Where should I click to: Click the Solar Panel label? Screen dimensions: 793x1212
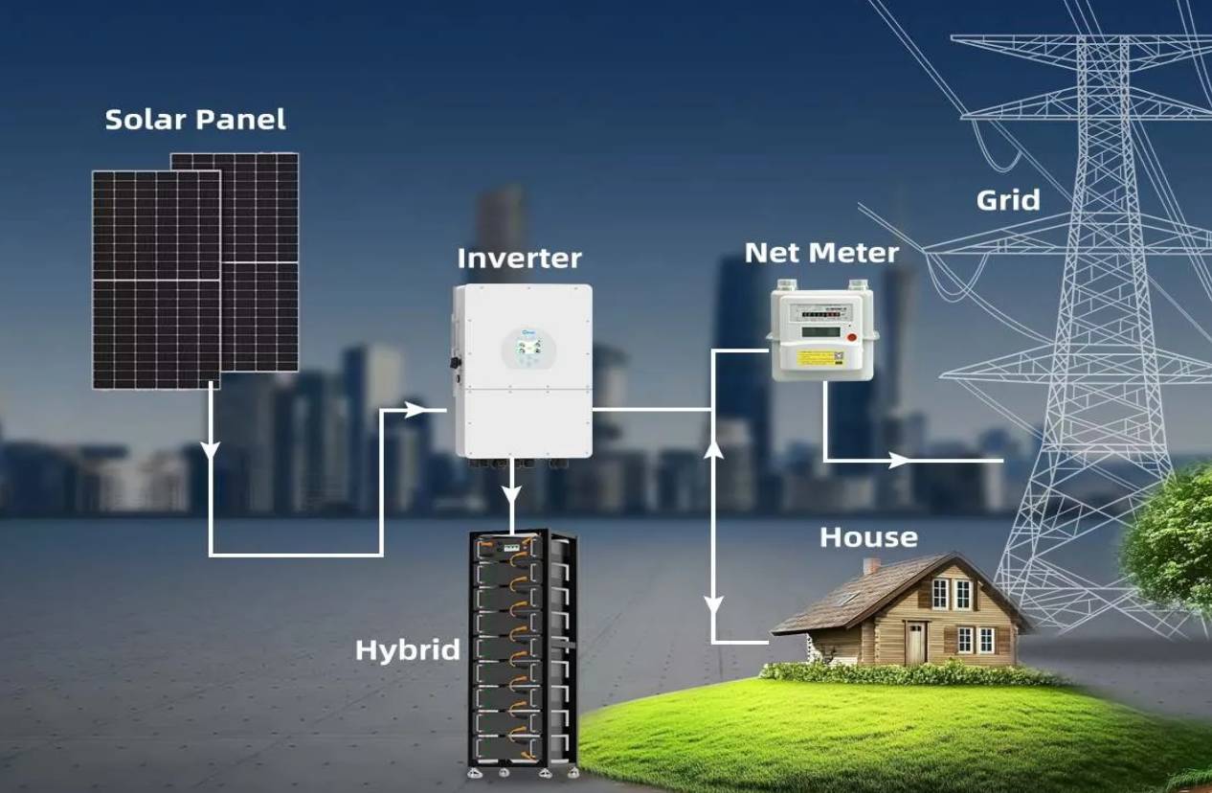coord(194,120)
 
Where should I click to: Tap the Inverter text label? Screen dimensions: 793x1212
coord(519,259)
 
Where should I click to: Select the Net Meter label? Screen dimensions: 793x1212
coord(821,252)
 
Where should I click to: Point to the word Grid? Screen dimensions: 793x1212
coord(1007,200)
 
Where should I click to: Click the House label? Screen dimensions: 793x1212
coord(868,537)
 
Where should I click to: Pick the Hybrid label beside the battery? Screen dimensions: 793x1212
coord(408,650)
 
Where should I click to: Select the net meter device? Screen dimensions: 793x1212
coord(822,331)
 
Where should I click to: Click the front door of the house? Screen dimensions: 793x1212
coord(916,642)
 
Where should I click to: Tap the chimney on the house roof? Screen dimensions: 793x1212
coord(871,565)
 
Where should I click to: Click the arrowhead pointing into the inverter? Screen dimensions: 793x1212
coord(415,410)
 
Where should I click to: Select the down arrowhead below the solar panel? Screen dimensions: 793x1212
coord(211,449)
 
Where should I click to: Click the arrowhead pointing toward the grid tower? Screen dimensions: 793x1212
coord(899,461)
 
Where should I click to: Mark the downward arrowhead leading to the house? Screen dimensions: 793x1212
coord(713,604)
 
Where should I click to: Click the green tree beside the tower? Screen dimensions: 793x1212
coord(1173,541)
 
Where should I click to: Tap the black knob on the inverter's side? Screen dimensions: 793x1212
coord(453,364)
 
